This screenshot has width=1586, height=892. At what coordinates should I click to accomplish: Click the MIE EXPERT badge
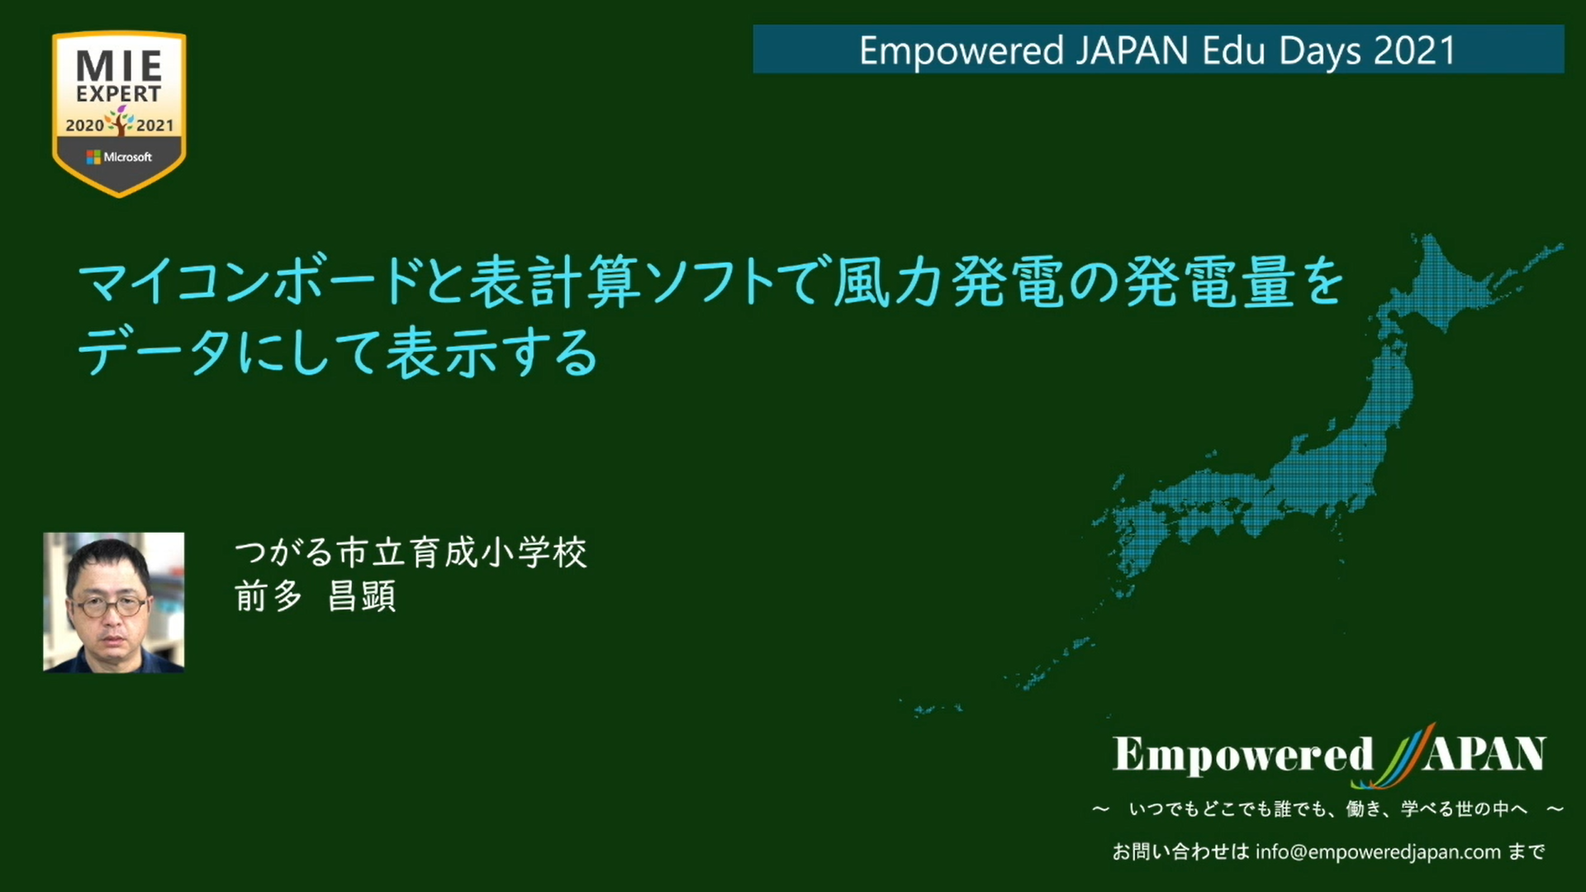(x=119, y=114)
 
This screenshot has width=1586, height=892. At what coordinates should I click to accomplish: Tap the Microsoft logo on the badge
(x=119, y=157)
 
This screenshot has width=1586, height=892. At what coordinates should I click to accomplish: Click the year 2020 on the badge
(x=84, y=126)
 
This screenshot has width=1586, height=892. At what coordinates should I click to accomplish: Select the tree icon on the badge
(x=121, y=121)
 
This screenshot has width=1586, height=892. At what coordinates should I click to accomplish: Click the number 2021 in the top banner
(x=1415, y=50)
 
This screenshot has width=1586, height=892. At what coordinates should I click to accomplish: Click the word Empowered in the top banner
(x=962, y=51)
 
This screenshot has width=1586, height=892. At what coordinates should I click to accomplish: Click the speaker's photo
(x=114, y=602)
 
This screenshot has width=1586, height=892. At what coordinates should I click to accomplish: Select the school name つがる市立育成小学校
(x=411, y=553)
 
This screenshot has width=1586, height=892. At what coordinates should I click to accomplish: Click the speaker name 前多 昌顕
(x=316, y=595)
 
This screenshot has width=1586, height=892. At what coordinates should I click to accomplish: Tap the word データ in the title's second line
(x=154, y=353)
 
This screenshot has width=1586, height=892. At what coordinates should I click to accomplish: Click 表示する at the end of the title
(x=492, y=353)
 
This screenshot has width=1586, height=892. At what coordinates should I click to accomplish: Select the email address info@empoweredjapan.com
(x=1378, y=852)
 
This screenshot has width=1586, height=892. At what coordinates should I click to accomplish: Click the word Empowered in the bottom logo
(x=1243, y=755)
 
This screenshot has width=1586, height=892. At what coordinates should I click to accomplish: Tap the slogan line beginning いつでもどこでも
(x=1328, y=809)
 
